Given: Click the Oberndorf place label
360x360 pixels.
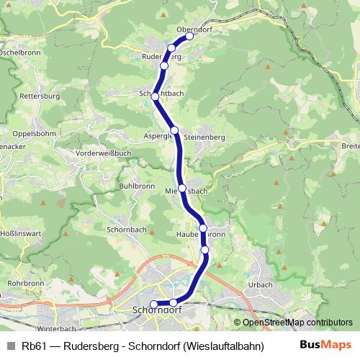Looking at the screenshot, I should (192, 29).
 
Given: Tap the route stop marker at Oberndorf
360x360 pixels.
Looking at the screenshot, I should (189, 36).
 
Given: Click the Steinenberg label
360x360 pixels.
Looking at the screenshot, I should (205, 136).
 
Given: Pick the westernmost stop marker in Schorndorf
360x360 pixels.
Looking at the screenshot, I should (153, 304).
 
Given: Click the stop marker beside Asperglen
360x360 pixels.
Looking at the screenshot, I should (174, 130).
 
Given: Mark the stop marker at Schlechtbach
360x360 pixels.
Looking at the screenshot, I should (154, 96).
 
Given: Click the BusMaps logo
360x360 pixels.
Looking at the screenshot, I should (325, 344).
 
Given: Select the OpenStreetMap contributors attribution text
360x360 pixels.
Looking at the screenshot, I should (293, 323).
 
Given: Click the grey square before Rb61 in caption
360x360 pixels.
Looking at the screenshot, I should (11, 345).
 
